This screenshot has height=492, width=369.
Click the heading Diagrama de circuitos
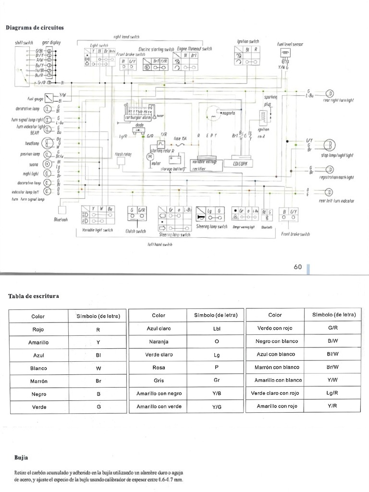pyautogui.click(x=34, y=27)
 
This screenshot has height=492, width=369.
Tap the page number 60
pyautogui.click(x=298, y=267)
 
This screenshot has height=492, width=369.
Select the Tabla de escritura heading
pyautogui.click(x=34, y=296)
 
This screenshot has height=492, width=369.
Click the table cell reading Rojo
pyautogui.click(x=38, y=330)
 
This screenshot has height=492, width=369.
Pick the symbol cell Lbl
pyautogui.click(x=216, y=329)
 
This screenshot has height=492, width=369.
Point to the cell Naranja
pyautogui.click(x=159, y=341)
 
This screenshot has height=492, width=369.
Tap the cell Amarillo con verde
pyautogui.click(x=159, y=406)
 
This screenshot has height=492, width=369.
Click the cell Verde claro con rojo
pyautogui.click(x=275, y=393)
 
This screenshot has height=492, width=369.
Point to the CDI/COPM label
pyautogui.click(x=243, y=163)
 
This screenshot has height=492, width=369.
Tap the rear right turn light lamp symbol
pyautogui.click(x=330, y=93)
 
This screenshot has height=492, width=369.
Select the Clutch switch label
pyautogui.click(x=136, y=231)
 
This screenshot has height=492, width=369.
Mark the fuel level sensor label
pyautogui.click(x=290, y=44)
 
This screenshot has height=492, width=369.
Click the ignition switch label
pyautogui.click(x=248, y=41)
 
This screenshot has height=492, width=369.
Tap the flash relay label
pyautogui.click(x=123, y=154)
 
